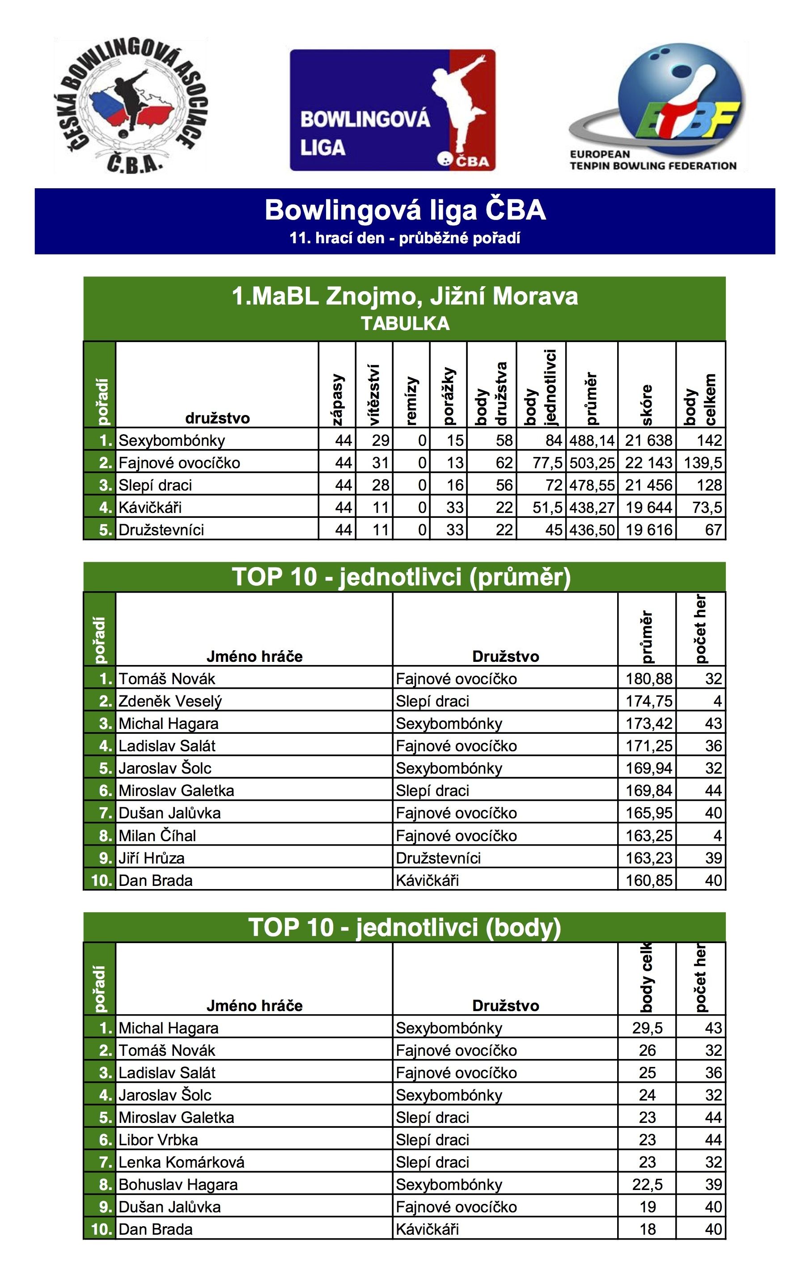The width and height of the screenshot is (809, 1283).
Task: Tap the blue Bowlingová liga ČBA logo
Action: pos(392,110)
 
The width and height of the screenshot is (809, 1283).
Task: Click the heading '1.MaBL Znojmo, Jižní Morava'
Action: pos(404,296)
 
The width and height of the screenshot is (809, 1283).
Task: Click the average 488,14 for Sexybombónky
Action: pos(592,440)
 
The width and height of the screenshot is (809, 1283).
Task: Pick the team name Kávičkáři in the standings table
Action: pos(150,507)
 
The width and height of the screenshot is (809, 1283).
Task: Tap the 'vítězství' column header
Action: pos(374,394)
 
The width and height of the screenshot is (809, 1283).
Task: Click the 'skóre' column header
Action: pos(647,405)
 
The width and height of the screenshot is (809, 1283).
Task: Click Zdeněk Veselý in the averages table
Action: pos(170,701)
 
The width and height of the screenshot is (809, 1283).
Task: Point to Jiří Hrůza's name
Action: pos(151,858)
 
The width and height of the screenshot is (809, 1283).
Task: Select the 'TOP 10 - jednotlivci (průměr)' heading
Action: pos(401,577)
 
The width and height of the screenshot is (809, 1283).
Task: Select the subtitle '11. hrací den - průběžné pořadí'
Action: pos(404,237)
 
